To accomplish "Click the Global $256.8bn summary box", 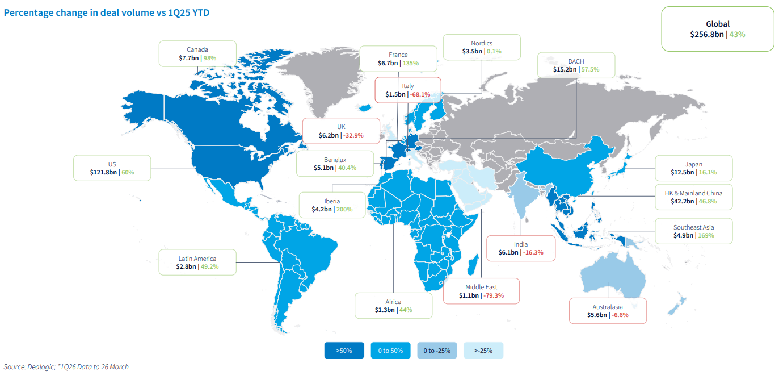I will tap(717, 29).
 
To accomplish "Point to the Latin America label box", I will tap(197, 262).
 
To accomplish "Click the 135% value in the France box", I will tap(411, 63).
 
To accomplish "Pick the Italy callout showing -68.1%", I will tap(408, 90).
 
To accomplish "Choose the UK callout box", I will tap(341, 131).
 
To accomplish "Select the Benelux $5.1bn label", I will tap(335, 164).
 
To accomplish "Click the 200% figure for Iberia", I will tap(344, 209).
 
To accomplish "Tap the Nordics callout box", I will tap(481, 47).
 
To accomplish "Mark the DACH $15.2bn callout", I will tap(576, 65).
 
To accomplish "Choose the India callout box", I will tap(521, 248).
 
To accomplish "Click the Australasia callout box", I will tap(608, 310).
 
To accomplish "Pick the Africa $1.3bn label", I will tap(393, 306).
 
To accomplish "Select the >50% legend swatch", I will tap(344, 351).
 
